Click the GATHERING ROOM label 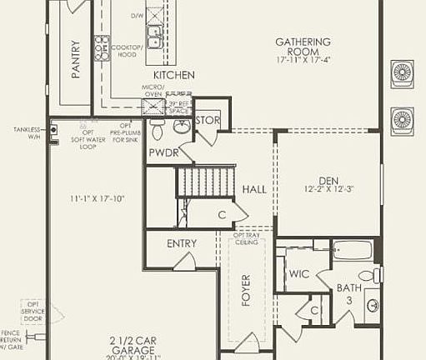(303, 42)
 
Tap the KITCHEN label (173, 75)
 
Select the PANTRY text (76, 60)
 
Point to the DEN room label (328, 181)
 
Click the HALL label (254, 189)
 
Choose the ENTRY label (182, 243)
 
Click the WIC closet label (299, 273)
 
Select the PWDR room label (163, 152)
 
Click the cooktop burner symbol (102, 47)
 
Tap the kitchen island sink (154, 36)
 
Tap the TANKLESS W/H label (28, 133)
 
